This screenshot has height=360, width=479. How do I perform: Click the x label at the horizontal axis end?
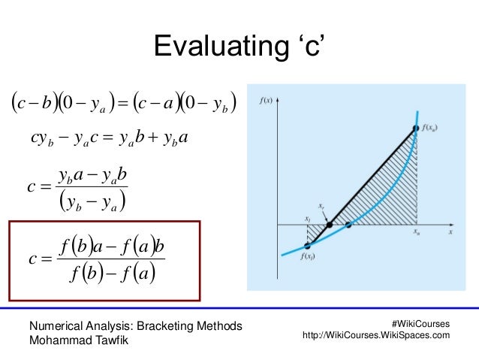point(450,233)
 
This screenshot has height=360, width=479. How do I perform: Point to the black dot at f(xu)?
point(416,129)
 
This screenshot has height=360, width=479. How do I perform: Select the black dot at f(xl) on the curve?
point(308,246)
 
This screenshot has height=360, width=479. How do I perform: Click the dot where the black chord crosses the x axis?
point(329,225)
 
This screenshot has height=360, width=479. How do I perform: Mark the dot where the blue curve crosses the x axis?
point(348,225)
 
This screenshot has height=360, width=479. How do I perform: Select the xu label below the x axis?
point(416,234)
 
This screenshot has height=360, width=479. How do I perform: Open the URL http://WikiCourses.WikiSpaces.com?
point(375,335)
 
